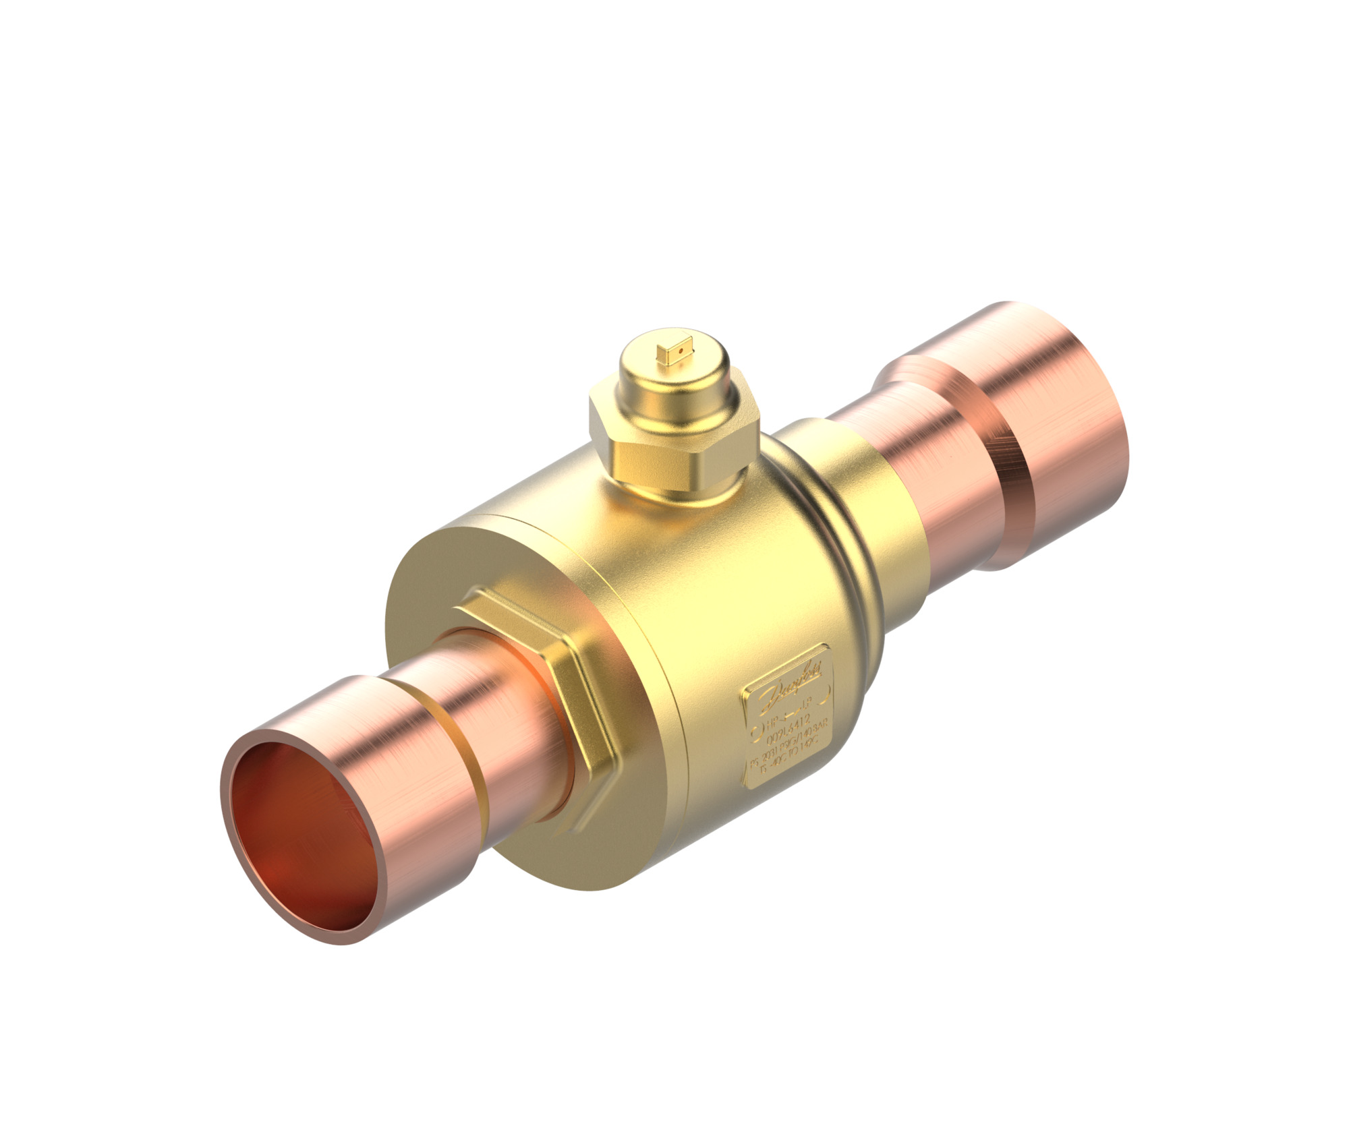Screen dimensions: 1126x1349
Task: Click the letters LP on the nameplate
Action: (818, 705)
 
